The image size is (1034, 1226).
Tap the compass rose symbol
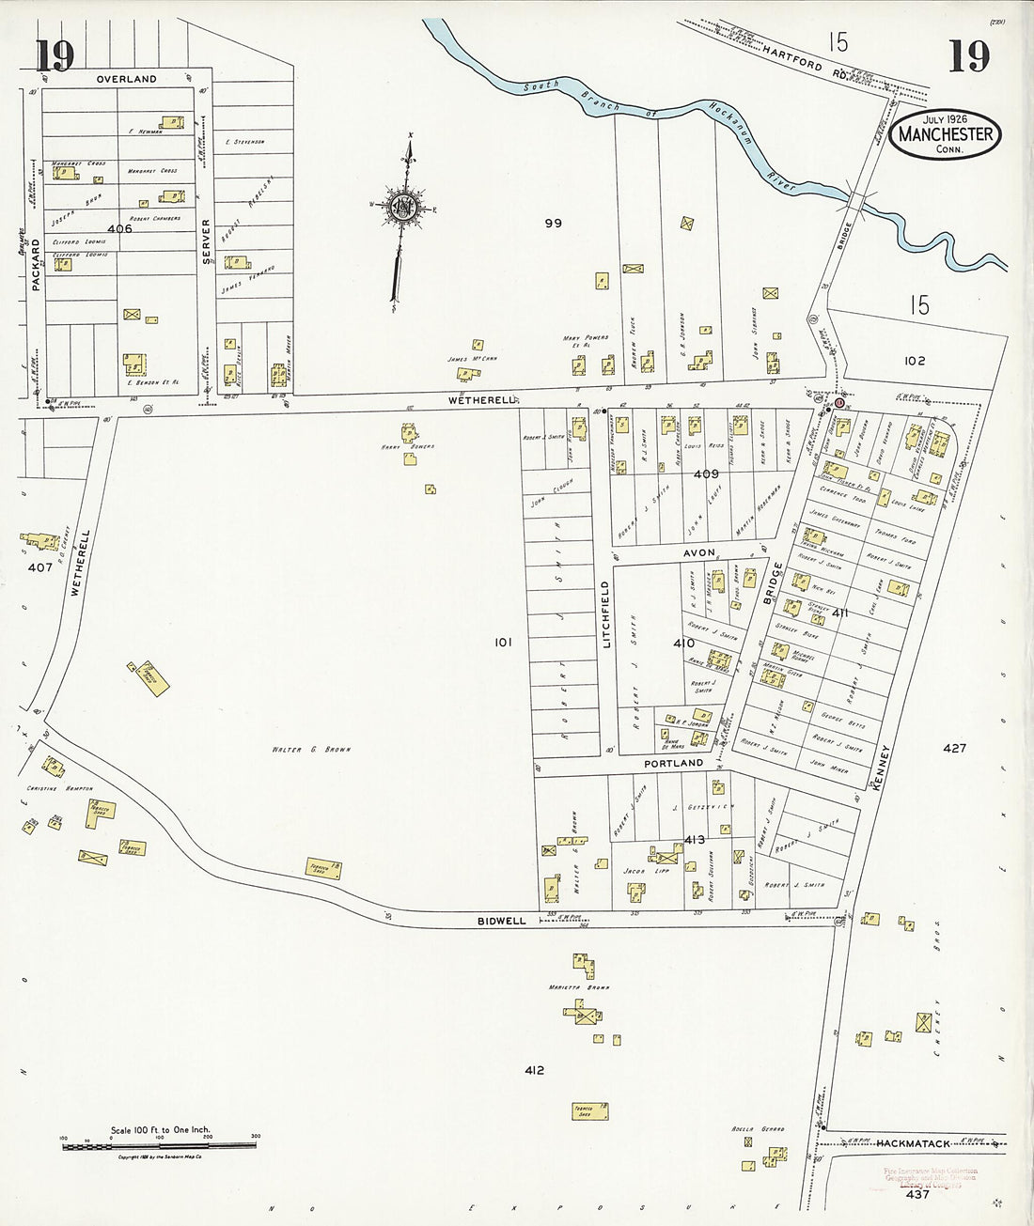point(404,206)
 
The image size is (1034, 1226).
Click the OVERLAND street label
point(126,80)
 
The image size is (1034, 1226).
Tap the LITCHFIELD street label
point(606,614)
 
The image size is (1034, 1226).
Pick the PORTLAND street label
point(673,764)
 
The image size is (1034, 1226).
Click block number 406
point(120,228)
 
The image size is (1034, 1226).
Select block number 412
point(535,1070)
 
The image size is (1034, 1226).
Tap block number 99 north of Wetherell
point(553,223)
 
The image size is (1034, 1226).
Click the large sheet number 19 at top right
point(968,56)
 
